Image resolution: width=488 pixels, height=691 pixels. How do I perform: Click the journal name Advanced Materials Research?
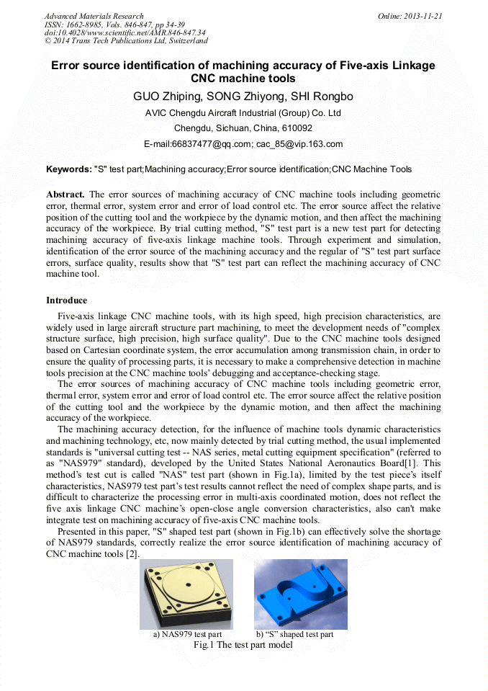[x=94, y=16]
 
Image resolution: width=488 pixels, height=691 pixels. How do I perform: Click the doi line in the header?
[x=125, y=32]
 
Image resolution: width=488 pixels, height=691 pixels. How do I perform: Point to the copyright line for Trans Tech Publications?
[x=126, y=41]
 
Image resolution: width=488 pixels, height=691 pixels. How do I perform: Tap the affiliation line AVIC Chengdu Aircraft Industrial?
[x=243, y=113]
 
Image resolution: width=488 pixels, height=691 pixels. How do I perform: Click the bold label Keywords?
[x=69, y=170]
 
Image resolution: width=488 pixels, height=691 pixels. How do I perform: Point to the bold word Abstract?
[x=65, y=195]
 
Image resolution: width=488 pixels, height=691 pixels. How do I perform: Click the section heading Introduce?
[x=67, y=300]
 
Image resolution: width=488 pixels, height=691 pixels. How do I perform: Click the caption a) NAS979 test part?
[x=186, y=635]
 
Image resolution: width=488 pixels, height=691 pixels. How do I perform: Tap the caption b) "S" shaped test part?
[x=294, y=635]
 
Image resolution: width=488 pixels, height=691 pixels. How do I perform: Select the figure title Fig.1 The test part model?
[x=243, y=645]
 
